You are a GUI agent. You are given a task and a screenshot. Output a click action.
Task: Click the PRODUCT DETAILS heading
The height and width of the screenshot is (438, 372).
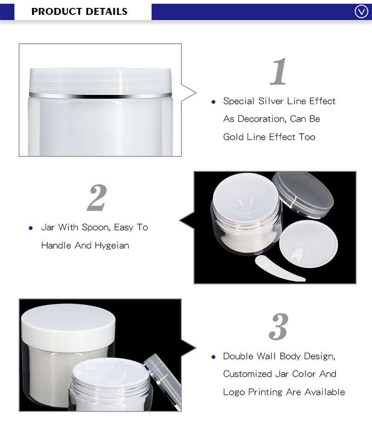click(79, 12)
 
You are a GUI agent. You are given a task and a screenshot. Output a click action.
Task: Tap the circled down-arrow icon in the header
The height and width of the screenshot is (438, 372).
click(361, 12)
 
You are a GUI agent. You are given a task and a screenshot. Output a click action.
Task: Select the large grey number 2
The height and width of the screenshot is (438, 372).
click(97, 198)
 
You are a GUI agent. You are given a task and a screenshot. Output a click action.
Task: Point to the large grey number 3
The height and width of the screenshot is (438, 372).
click(279, 327)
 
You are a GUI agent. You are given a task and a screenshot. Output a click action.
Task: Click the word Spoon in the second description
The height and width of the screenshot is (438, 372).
click(95, 227)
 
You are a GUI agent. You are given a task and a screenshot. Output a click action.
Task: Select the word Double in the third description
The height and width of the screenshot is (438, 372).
click(237, 356)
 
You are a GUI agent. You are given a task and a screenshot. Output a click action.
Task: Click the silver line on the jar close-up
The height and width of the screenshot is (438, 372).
click(100, 94)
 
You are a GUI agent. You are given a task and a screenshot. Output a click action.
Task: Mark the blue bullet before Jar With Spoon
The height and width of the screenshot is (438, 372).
click(31, 228)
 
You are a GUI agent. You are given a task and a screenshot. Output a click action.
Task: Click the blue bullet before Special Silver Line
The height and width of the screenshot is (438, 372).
click(213, 101)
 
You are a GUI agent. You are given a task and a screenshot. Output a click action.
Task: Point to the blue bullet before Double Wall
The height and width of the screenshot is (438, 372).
click(213, 357)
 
